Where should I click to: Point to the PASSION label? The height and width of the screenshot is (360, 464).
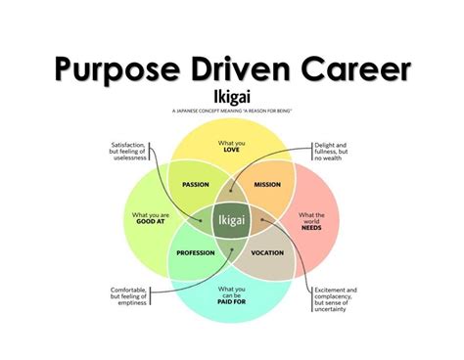(197, 183)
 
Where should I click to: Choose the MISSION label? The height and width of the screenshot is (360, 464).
(268, 183)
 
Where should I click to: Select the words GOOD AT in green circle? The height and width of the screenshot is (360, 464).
(144, 221)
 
